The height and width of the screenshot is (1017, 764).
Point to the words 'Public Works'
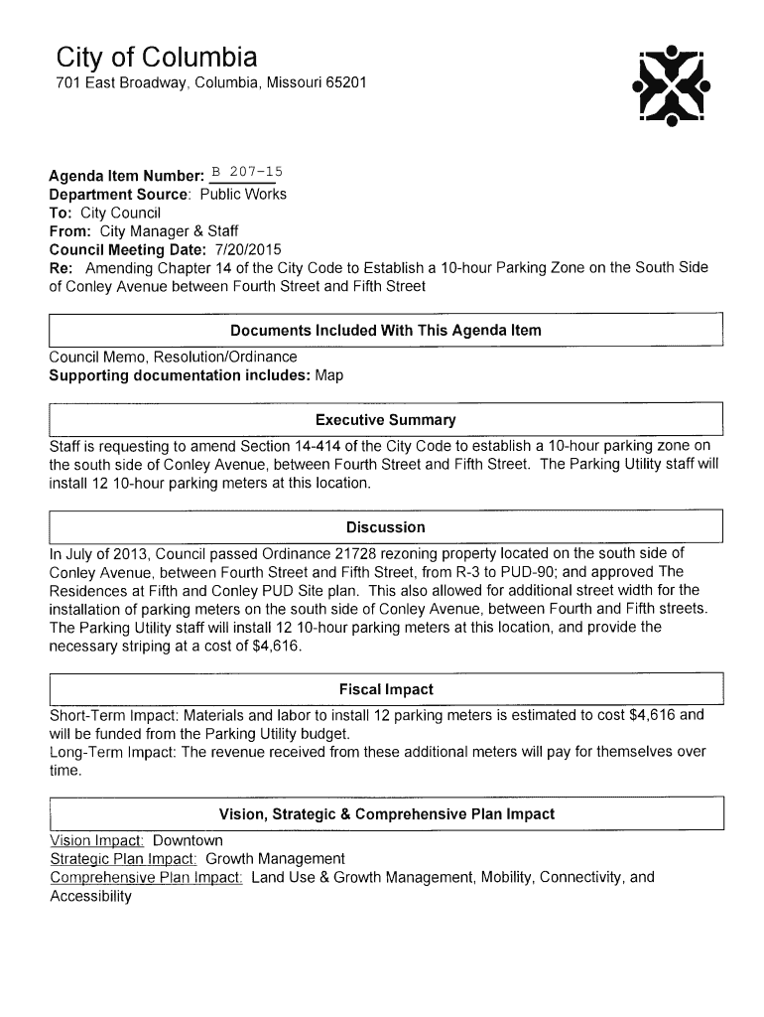click(x=243, y=194)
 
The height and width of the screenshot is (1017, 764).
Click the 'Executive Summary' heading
click(x=385, y=420)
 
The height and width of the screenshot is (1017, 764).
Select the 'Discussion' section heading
click(x=385, y=527)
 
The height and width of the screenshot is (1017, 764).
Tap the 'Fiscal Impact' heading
click(x=386, y=689)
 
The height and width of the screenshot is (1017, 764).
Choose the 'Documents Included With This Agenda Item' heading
click(x=385, y=330)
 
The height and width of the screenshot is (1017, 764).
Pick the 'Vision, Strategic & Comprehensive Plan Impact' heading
click(x=386, y=814)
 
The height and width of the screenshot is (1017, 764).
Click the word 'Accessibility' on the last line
click(x=90, y=897)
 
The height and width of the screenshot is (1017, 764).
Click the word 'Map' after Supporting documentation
click(x=328, y=375)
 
